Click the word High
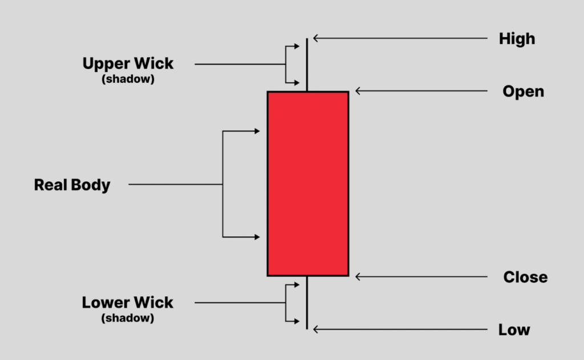(x=517, y=39)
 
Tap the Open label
(x=523, y=91)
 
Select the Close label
(x=525, y=277)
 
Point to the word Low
(x=514, y=330)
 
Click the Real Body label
(x=72, y=185)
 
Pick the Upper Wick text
(x=128, y=63)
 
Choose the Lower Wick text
(x=128, y=302)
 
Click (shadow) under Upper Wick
(x=128, y=79)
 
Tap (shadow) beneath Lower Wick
(x=128, y=318)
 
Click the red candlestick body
(x=308, y=184)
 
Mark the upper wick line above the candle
(x=307, y=64)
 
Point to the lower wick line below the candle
(x=307, y=302)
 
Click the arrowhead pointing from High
(x=316, y=39)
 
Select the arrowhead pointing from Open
(x=358, y=91)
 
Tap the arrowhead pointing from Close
(x=358, y=277)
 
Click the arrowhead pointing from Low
(x=316, y=329)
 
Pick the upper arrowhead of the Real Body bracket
(x=257, y=131)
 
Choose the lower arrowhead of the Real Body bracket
(x=257, y=237)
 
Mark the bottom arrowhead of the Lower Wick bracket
(x=297, y=322)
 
